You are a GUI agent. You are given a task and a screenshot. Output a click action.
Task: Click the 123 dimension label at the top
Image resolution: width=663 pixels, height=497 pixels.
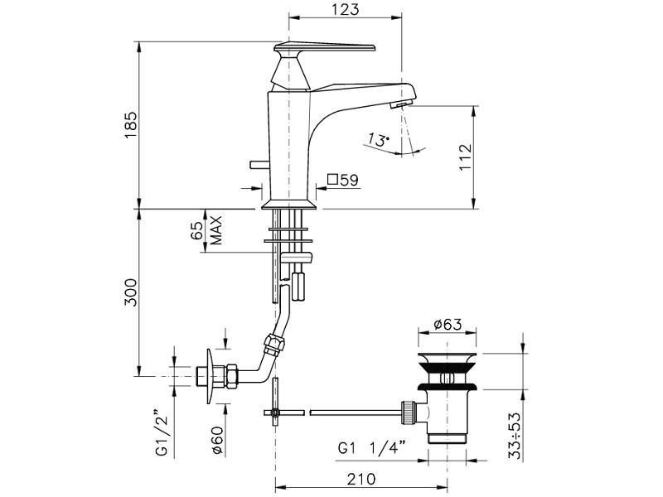click(x=345, y=9)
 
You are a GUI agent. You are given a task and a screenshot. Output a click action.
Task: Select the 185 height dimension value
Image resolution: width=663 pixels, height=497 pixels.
click(x=131, y=125)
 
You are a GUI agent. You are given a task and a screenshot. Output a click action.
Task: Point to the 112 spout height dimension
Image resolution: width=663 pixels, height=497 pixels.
click(x=465, y=157)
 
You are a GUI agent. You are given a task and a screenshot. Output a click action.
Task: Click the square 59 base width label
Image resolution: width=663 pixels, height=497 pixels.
click(x=343, y=180)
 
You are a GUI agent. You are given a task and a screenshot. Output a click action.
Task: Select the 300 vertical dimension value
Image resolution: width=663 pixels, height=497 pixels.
click(x=131, y=292)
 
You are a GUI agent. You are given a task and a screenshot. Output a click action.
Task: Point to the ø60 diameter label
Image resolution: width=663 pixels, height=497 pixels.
click(x=218, y=439)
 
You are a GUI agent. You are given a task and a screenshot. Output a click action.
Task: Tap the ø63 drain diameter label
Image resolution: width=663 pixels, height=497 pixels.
click(x=448, y=324)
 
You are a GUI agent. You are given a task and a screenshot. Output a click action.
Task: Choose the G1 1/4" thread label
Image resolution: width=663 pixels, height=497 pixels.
click(x=371, y=447)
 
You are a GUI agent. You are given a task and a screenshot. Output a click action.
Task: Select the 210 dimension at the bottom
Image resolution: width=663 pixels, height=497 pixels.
click(x=361, y=480)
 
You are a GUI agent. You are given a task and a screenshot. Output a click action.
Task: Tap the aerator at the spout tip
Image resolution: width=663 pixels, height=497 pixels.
click(x=400, y=104)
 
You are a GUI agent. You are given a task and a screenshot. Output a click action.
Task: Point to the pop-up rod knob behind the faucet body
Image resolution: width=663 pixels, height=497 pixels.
click(x=259, y=164)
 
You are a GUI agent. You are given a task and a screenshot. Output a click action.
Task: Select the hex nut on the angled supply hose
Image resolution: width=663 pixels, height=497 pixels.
click(x=273, y=342)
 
